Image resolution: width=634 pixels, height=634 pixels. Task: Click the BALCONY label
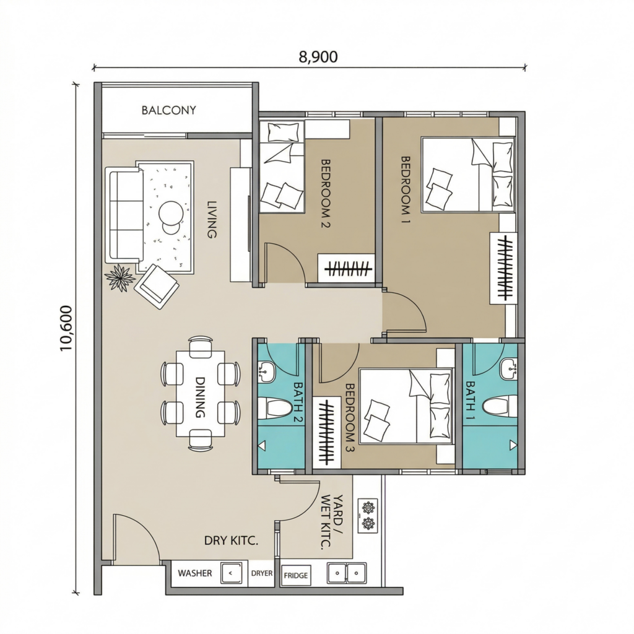(x=168, y=110)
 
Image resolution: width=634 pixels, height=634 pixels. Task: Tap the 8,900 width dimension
(x=318, y=57)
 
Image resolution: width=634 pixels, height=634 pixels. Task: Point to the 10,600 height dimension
(x=66, y=328)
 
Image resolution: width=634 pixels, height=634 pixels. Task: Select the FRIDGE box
(x=295, y=575)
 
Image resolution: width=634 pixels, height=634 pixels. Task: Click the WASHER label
(x=195, y=573)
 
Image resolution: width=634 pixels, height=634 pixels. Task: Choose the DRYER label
(x=262, y=573)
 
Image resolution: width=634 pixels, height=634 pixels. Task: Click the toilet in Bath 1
(x=501, y=407)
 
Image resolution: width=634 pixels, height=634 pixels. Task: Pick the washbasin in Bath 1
(x=508, y=370)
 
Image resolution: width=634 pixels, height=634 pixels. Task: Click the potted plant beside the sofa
(x=119, y=277)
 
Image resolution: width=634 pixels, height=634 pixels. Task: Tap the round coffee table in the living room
(x=172, y=214)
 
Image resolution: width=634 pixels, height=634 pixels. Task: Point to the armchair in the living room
(x=157, y=286)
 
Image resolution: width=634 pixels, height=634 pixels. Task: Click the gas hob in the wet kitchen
(x=368, y=515)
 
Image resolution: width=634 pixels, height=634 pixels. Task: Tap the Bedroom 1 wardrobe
(x=503, y=268)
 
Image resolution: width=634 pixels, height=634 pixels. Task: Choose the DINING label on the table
(x=200, y=397)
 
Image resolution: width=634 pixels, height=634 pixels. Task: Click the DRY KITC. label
(x=231, y=541)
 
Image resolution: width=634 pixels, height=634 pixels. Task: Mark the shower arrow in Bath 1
(x=513, y=446)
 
